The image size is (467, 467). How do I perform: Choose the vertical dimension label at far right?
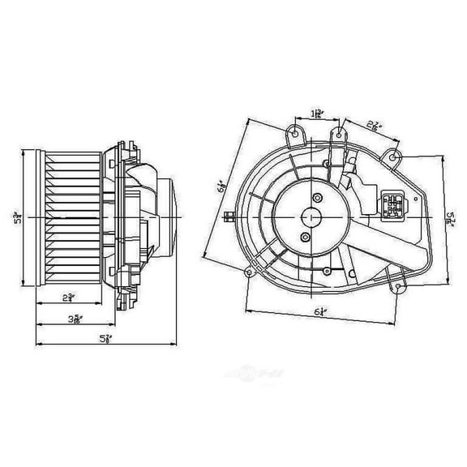(x=452, y=216)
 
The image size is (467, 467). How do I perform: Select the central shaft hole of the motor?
(x=311, y=216)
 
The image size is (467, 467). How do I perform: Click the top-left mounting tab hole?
(x=296, y=129)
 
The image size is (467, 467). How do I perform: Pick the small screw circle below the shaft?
(x=306, y=237)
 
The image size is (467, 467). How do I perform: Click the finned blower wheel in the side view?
(x=69, y=217)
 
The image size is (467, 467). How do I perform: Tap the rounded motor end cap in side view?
(x=168, y=215)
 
